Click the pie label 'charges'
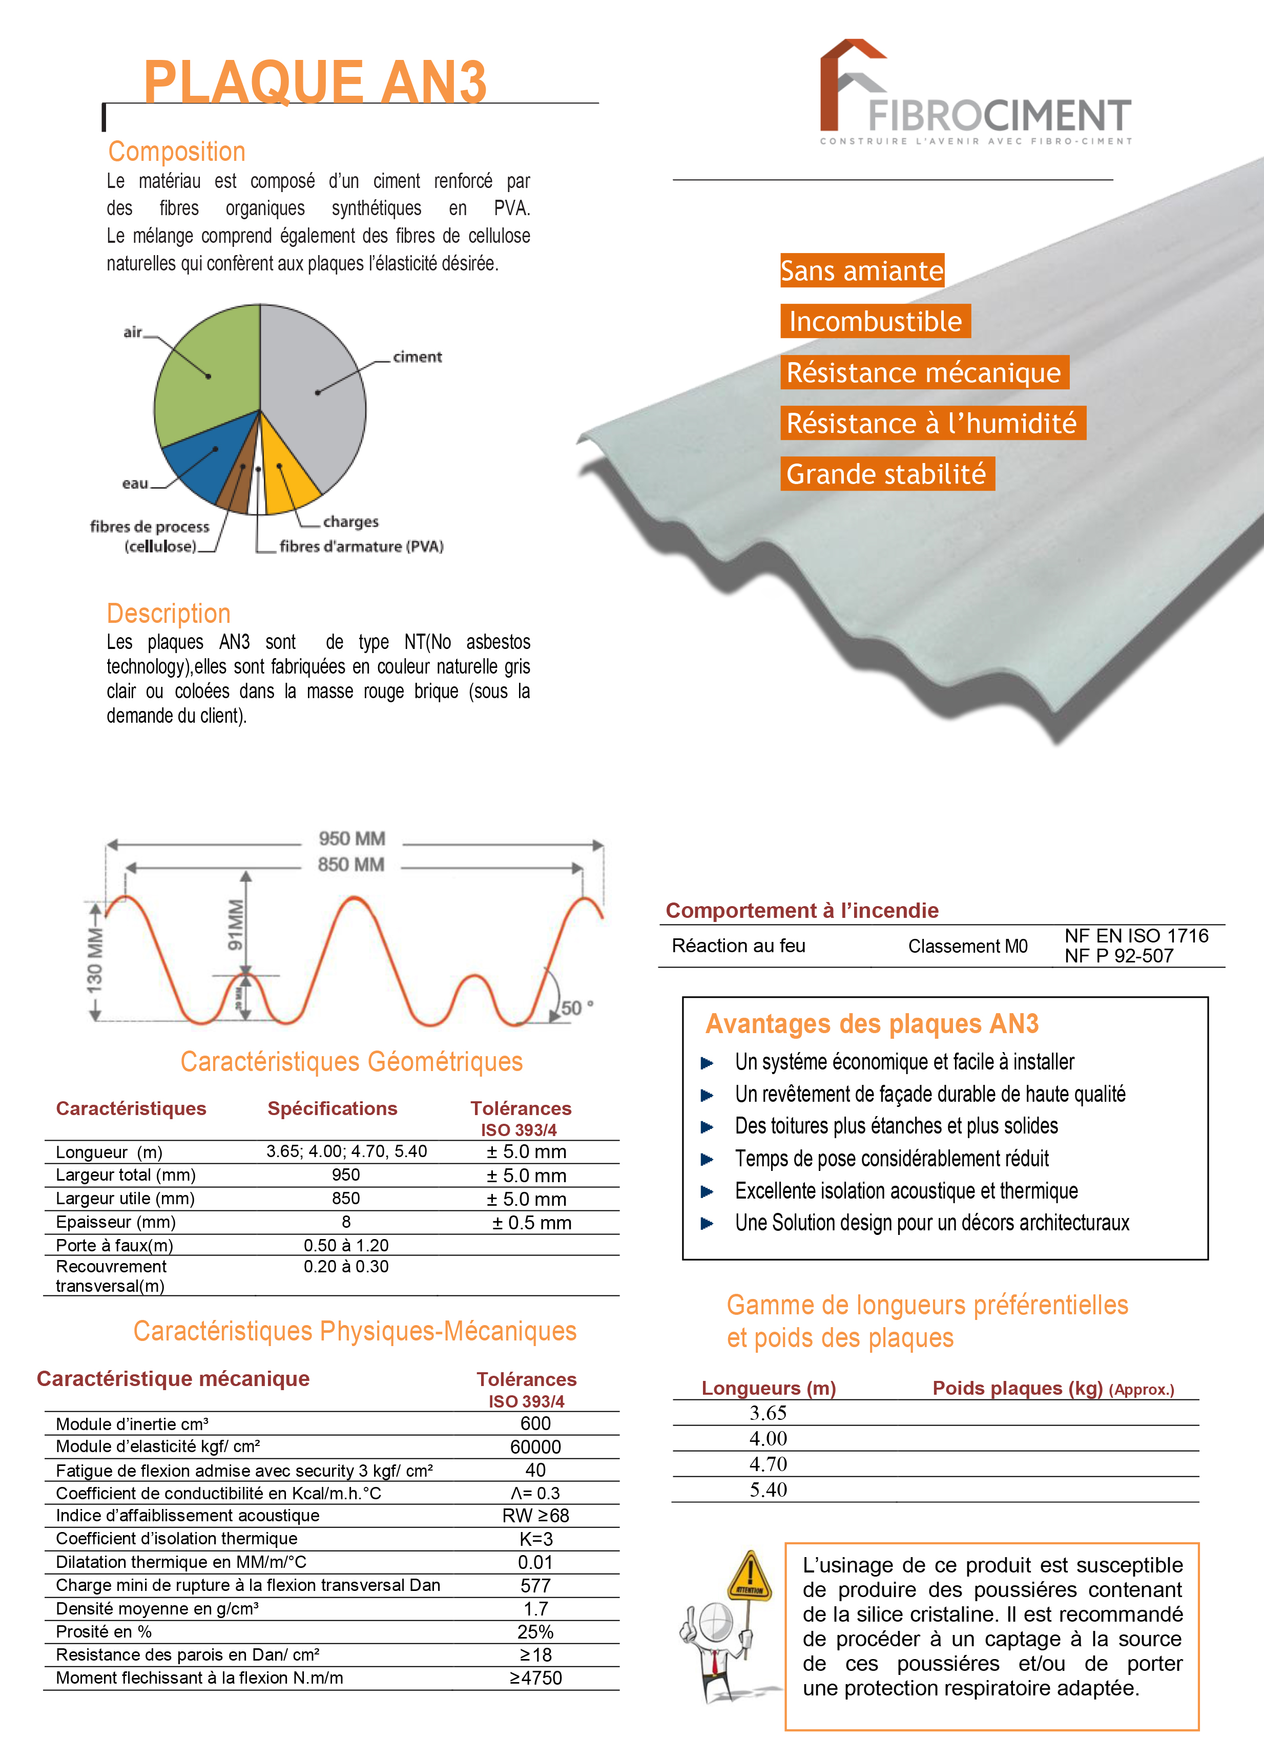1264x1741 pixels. click(x=351, y=522)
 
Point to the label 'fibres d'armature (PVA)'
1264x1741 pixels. click(x=361, y=547)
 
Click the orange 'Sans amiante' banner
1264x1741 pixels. click(x=862, y=271)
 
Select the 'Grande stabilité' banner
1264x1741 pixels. click(x=887, y=474)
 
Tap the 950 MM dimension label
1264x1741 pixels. click(x=351, y=839)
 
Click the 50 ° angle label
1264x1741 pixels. click(x=577, y=1008)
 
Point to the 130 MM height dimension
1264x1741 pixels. click(x=94, y=960)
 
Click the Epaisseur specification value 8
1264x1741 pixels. click(x=346, y=1222)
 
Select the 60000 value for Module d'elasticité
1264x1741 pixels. click(x=535, y=1447)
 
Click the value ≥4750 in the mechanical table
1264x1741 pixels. click(x=535, y=1678)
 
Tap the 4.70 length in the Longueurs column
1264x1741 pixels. click(x=768, y=1464)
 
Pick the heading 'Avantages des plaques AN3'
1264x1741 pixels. click(x=872, y=1024)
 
